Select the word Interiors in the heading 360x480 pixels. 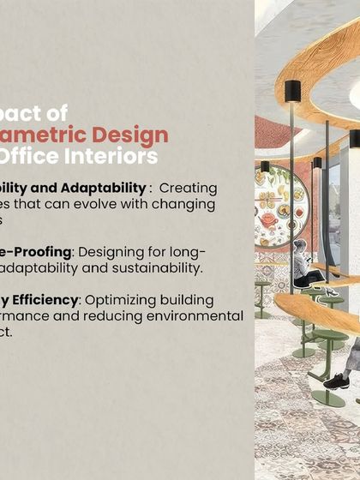pos(111,157)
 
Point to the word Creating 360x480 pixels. pos(188,187)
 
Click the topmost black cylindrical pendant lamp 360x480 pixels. pos(292,90)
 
